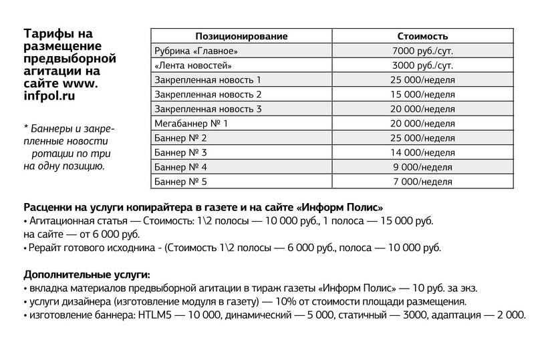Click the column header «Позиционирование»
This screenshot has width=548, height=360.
pos(241,36)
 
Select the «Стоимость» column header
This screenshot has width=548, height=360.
pos(422,36)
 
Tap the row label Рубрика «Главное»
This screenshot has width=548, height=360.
pos(195,51)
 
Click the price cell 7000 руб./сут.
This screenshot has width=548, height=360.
pos(422,51)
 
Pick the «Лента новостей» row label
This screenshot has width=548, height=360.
pos(193,65)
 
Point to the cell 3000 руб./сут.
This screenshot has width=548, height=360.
pos(422,65)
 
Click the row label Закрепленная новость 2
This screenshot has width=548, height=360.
pos(208,94)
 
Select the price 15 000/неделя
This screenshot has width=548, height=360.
pos(422,94)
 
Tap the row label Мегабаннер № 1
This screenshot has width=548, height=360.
pos(191,124)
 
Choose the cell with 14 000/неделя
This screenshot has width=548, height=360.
pos(422,152)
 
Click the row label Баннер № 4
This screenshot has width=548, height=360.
pos(180,167)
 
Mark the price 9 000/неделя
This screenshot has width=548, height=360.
pos(422,167)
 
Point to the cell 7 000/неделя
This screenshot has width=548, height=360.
pos(422,182)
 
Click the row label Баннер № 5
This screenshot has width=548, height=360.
pos(180,182)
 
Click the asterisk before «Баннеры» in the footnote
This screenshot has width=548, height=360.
pos(25,127)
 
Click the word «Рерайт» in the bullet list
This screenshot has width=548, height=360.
pos(45,248)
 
